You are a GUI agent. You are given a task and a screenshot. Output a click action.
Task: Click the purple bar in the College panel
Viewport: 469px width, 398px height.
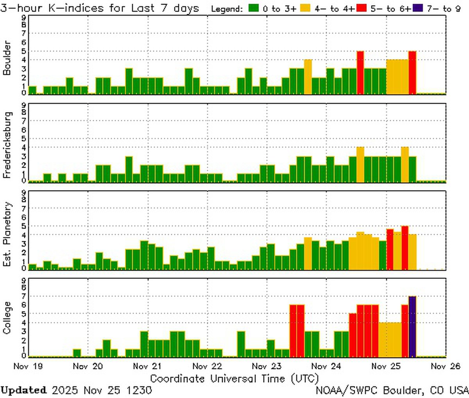[412, 327]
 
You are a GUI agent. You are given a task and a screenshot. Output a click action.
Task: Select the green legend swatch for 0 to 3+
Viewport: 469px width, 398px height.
[254, 8]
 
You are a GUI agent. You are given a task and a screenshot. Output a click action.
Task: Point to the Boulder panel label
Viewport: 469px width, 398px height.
[7, 58]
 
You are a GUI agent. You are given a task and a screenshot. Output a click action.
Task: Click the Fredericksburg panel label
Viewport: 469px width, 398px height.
[7, 145]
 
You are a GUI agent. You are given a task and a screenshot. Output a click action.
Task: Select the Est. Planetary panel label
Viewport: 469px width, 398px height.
[7, 234]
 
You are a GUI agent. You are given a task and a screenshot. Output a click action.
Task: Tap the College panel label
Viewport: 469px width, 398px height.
[7, 318]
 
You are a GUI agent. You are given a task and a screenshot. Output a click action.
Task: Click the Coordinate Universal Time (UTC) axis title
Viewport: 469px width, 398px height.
[234, 378]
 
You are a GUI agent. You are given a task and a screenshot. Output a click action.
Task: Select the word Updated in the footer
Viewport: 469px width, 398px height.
[23, 390]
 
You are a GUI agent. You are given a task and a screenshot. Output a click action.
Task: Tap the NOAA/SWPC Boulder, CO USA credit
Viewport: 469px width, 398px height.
[392, 390]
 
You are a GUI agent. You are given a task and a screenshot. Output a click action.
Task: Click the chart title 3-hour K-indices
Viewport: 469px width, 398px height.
[100, 8]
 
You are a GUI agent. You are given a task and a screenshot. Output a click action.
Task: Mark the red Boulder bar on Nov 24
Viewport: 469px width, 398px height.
[360, 73]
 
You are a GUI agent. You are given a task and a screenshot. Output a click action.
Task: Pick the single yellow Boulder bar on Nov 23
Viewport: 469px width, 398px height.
[308, 77]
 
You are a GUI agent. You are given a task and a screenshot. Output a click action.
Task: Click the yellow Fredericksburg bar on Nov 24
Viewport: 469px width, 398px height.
[360, 164]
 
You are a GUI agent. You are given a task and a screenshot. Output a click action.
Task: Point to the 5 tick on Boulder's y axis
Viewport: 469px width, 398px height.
[24, 51]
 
